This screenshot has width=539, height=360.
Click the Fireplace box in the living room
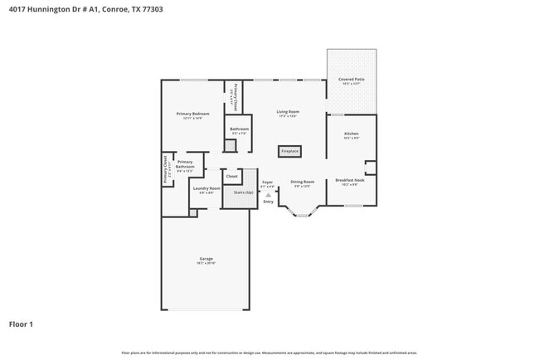click(x=289, y=152)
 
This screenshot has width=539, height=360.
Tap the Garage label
click(x=206, y=259)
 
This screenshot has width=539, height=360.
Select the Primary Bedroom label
click(x=192, y=114)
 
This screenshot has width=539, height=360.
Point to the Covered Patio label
click(x=351, y=80)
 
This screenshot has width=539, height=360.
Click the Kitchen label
click(x=352, y=134)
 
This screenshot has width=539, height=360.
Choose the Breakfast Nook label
click(x=349, y=180)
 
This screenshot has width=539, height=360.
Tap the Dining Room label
click(x=302, y=182)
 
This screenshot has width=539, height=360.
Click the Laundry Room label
click(x=206, y=188)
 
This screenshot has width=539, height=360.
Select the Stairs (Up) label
click(x=243, y=192)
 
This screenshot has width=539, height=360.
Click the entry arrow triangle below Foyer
click(x=268, y=195)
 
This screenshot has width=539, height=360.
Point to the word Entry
click(x=268, y=202)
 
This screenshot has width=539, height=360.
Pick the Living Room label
click(x=288, y=111)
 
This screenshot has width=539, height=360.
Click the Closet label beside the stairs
click(x=231, y=176)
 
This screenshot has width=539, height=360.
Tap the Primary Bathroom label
click(x=185, y=164)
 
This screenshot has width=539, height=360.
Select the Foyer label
click(x=267, y=182)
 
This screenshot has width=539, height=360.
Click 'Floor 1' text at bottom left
click(x=21, y=324)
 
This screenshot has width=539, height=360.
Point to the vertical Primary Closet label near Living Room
click(x=236, y=98)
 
